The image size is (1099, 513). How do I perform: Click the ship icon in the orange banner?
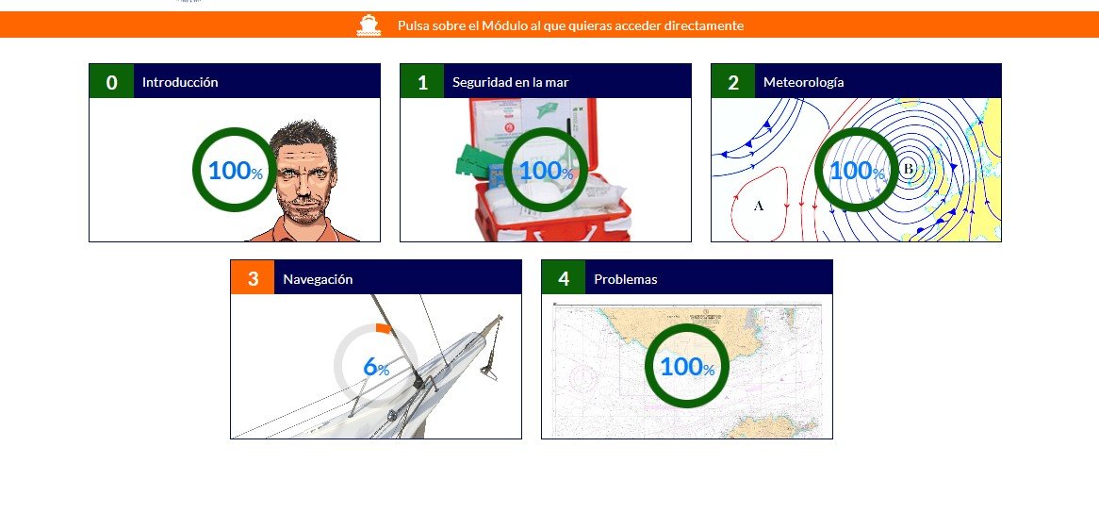[x=369, y=25]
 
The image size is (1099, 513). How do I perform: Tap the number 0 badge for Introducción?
[x=112, y=82]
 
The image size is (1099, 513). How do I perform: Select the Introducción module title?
[x=180, y=82]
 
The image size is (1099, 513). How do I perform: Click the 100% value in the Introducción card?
[x=235, y=171]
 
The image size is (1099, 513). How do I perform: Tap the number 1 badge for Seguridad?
[x=422, y=82]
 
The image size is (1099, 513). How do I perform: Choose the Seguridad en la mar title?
[x=510, y=82]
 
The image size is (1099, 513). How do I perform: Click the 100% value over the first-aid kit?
[x=546, y=171]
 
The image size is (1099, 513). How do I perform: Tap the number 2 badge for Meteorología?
[x=733, y=82]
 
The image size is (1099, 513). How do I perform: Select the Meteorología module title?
[x=803, y=82]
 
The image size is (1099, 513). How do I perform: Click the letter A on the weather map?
[x=758, y=206]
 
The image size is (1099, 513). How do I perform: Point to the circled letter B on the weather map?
[x=908, y=169]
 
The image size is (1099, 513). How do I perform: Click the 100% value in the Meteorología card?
[x=857, y=171]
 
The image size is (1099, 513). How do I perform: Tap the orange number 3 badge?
[x=253, y=278]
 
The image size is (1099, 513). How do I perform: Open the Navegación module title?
[x=318, y=279]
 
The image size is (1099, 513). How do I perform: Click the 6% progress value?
[x=376, y=368]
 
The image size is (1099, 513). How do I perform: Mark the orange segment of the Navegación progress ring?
[x=383, y=328]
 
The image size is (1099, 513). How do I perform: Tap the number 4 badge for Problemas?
[x=564, y=278]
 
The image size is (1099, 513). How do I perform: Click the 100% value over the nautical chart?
[x=687, y=368]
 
